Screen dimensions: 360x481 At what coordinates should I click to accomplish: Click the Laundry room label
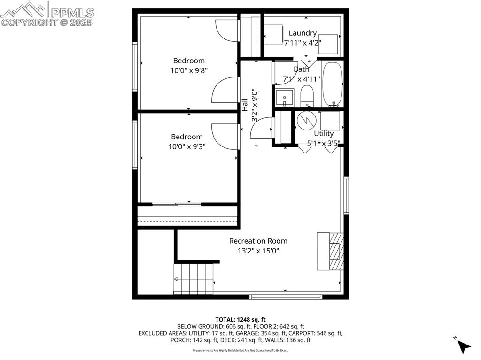tap(303, 33)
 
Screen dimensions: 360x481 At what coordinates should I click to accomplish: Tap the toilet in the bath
tap(307, 97)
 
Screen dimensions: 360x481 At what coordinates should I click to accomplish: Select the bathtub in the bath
tap(333, 84)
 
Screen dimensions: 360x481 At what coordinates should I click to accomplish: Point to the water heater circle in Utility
tap(305, 121)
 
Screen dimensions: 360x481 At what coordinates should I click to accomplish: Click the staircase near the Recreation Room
tap(194, 278)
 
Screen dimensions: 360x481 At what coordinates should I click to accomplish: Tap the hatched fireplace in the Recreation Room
tap(335, 251)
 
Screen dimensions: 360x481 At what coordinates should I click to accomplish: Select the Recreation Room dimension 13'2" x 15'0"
tap(258, 251)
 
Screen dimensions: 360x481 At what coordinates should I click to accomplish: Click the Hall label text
tap(245, 105)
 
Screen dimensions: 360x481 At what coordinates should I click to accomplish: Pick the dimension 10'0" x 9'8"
tap(189, 70)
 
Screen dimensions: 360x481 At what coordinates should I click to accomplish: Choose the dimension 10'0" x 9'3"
tap(187, 146)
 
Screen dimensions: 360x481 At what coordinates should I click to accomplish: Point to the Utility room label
tap(324, 133)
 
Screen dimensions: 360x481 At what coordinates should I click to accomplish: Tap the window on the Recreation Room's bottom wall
tap(286, 297)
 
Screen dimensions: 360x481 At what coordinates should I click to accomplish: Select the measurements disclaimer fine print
tap(240, 350)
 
